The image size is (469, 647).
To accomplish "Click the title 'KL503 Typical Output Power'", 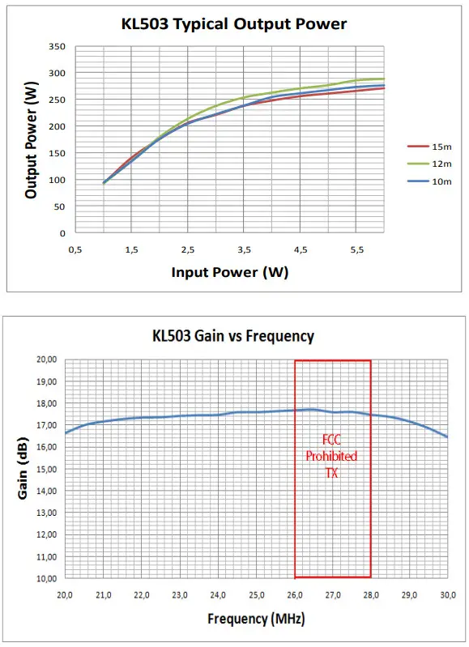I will pyautogui.click(x=233, y=23).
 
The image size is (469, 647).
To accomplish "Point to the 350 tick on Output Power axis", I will pyautogui.click(x=57, y=47).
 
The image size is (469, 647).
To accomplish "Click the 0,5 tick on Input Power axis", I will pyautogui.click(x=75, y=250).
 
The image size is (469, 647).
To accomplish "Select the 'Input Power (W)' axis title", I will pyautogui.click(x=229, y=272).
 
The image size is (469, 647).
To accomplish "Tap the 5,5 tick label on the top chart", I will pyautogui.click(x=356, y=250).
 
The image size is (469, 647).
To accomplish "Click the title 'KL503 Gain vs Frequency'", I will pyautogui.click(x=233, y=335).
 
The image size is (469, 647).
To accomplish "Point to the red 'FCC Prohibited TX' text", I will pyautogui.click(x=331, y=456).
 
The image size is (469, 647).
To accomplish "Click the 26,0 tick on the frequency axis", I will pyautogui.click(x=294, y=594).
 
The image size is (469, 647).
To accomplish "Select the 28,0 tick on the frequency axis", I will pyautogui.click(x=370, y=594).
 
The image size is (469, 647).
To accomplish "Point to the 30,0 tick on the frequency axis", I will pyautogui.click(x=446, y=594).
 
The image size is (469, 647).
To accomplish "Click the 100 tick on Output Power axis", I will pyautogui.click(x=57, y=180).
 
